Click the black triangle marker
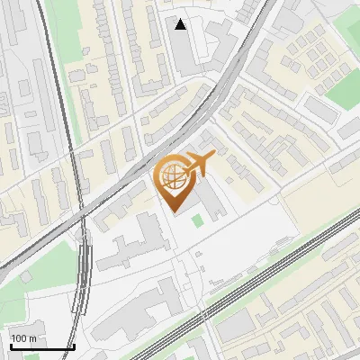point(181,24)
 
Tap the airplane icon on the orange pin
point(197,164)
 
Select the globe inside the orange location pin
point(173,177)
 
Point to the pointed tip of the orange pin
point(173,210)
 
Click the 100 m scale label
point(23,338)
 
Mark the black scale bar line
point(41,346)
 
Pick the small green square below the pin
point(197,220)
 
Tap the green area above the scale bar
point(45,270)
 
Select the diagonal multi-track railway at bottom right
point(270,270)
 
